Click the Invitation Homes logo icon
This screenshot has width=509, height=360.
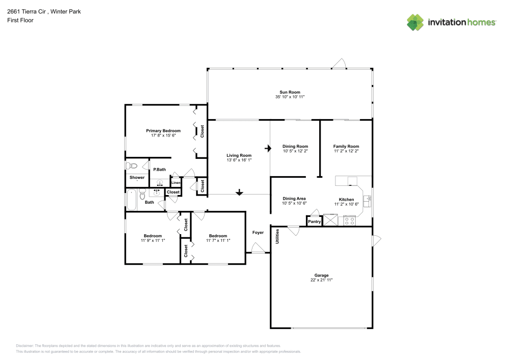(x=415, y=22)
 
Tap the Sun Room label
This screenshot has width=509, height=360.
(x=290, y=92)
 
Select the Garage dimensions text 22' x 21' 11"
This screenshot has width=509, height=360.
(x=321, y=280)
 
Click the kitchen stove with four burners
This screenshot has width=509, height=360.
(x=349, y=220)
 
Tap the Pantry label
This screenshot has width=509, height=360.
(x=314, y=221)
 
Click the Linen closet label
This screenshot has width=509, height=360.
(x=176, y=182)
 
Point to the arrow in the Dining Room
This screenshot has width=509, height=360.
(x=268, y=149)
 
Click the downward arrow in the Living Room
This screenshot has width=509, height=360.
(x=239, y=192)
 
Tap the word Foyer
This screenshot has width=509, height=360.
(x=258, y=233)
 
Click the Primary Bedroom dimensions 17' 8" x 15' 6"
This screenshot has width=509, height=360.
(x=163, y=135)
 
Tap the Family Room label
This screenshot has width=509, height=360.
(x=346, y=146)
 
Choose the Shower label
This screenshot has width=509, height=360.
(x=137, y=177)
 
